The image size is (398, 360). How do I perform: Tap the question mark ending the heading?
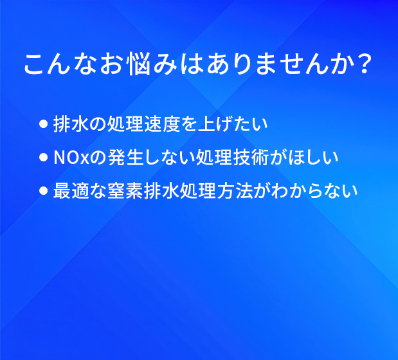(365, 64)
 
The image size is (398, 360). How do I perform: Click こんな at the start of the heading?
(60, 64)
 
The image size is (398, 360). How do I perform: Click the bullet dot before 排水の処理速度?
(44, 124)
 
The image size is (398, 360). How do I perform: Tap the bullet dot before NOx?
(44, 157)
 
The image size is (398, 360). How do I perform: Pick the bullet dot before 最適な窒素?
(44, 190)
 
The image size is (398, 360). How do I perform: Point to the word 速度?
(163, 124)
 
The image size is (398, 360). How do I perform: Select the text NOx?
(71, 157)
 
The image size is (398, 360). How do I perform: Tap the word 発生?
(125, 157)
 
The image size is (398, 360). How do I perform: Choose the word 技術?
(251, 157)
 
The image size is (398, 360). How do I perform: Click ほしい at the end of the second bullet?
(314, 157)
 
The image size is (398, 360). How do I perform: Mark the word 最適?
(71, 190)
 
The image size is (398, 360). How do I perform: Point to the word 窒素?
(125, 190)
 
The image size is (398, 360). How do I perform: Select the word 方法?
(235, 190)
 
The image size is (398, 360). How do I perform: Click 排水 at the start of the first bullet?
(71, 124)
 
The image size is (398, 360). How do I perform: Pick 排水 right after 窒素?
(162, 190)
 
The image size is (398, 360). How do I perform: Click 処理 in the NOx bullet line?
(215, 157)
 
